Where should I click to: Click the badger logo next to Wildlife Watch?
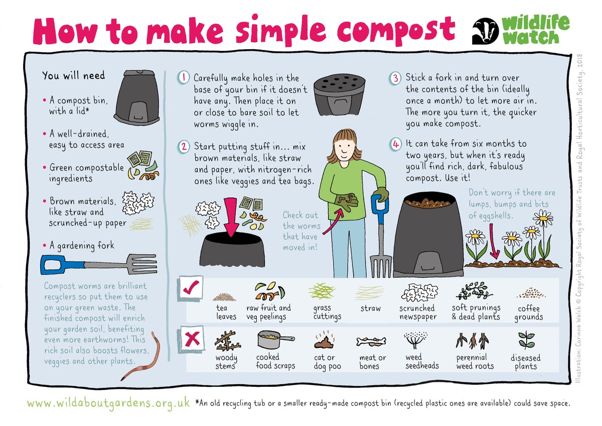point(485,32)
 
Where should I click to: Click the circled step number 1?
point(184,78)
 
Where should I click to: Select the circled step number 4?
point(396,144)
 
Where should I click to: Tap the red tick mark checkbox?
point(192,288)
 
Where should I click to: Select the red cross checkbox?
point(192,340)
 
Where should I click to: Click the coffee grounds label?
point(528,312)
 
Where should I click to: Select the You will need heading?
point(74,75)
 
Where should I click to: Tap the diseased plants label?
point(525,362)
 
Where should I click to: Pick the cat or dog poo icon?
point(323,341)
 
